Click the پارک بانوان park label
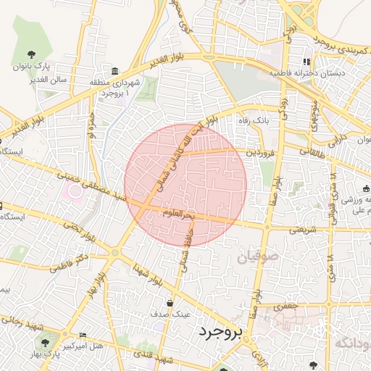(31, 66)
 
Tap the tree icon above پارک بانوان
(30, 54)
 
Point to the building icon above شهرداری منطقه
(115, 71)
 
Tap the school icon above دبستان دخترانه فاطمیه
(307, 62)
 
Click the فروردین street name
(260, 153)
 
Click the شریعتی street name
(304, 230)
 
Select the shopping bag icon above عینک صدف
(170, 304)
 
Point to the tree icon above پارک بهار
(47, 343)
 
